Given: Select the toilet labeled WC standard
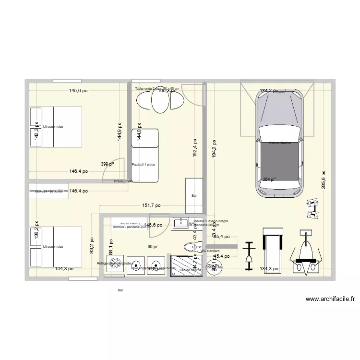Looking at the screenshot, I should (x=191, y=247).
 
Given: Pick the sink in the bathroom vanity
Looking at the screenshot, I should (x=181, y=222).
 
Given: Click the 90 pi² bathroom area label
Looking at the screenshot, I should (x=153, y=247).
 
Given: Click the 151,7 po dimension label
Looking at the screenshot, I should (x=151, y=205).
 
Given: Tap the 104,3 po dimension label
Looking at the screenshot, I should (x=64, y=269).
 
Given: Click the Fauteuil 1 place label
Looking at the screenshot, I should (x=143, y=165).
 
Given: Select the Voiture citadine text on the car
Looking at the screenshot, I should (x=280, y=143).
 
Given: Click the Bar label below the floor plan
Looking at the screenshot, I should (x=120, y=290).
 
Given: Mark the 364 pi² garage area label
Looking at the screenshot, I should (x=269, y=180).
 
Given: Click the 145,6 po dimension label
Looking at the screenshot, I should (x=78, y=90).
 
